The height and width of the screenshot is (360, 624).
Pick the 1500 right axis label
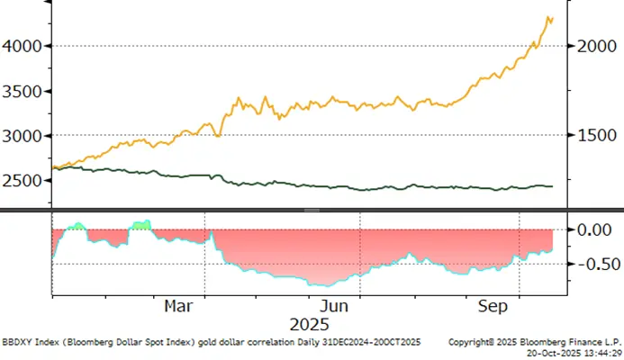594,136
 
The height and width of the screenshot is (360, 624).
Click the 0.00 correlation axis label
595,229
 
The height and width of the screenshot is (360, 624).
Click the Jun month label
334,306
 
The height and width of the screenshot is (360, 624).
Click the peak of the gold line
548,16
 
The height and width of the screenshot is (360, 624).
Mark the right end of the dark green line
553,186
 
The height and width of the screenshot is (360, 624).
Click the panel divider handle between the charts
312,210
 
